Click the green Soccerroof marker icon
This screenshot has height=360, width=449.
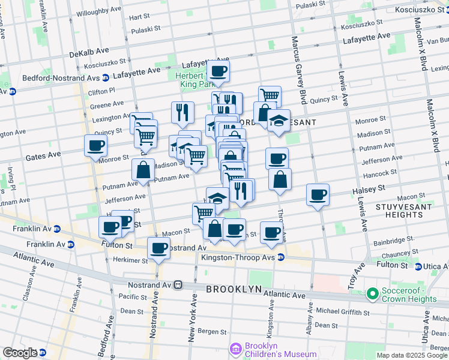(372, 294)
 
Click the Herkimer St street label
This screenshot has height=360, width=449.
(127, 261)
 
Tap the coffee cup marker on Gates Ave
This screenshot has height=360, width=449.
(96, 146)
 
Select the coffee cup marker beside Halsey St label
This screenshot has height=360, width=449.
(318, 194)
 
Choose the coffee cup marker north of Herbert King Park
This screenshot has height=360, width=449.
(218, 71)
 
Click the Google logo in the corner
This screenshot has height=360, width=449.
(20, 353)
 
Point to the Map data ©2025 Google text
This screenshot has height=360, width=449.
(412, 355)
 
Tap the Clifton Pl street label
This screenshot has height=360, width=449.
(101, 92)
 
